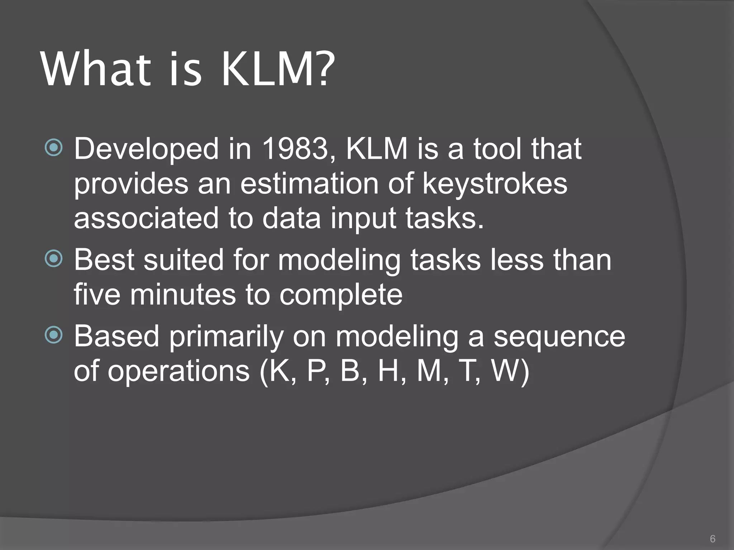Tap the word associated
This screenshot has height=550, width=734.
tap(146, 218)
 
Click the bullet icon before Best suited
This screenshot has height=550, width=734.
tap(54, 259)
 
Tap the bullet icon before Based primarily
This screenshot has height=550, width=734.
tap(54, 335)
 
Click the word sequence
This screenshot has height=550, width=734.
tap(559, 337)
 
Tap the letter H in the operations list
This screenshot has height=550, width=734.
tap(389, 371)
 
